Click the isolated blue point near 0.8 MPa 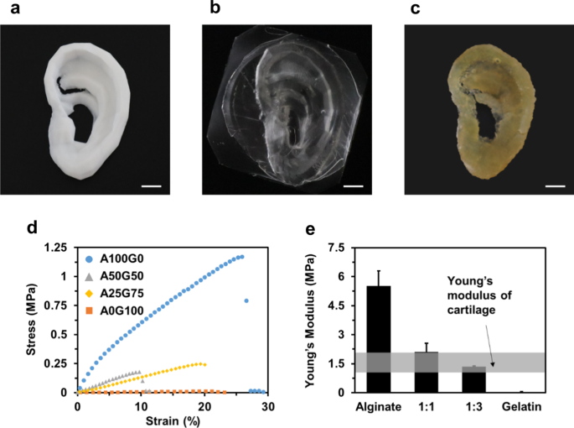tap(246, 300)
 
